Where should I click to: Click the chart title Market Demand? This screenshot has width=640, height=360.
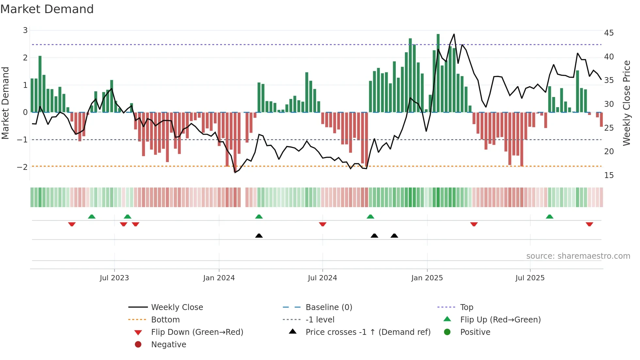[47, 9]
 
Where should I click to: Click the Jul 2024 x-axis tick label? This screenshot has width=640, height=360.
[322, 278]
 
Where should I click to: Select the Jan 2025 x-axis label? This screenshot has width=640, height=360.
[427, 278]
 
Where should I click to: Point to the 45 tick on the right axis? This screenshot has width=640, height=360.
[609, 33]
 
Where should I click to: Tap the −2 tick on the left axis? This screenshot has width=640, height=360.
[22, 167]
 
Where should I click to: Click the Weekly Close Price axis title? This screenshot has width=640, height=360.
[626, 103]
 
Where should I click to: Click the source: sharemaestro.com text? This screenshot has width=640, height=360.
[578, 256]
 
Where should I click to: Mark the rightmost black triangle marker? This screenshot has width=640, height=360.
[394, 236]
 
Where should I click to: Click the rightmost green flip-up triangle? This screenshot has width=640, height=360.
[550, 217]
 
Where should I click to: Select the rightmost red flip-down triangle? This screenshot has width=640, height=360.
[589, 224]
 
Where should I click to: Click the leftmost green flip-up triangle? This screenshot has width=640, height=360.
[92, 217]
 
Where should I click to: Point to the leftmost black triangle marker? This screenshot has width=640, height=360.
[259, 236]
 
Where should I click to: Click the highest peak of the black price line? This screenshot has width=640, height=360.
[454, 34]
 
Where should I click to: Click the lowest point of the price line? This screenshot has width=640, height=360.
[235, 172]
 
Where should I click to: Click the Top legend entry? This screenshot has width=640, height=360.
[466, 307]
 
